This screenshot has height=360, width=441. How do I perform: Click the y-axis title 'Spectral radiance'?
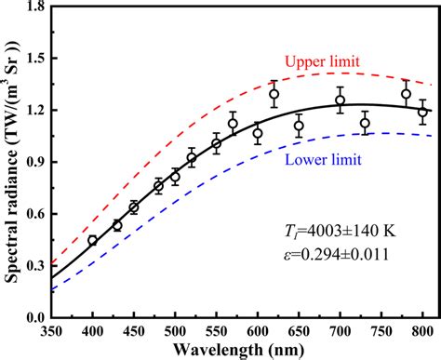click(x=13, y=163)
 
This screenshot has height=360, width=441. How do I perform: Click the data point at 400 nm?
click(x=92, y=240)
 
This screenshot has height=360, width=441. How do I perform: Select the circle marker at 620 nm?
click(x=274, y=94)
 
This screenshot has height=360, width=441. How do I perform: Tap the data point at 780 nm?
click(x=406, y=94)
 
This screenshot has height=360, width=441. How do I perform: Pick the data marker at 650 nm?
click(x=299, y=126)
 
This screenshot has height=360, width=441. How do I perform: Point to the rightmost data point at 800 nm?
click(x=422, y=112)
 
